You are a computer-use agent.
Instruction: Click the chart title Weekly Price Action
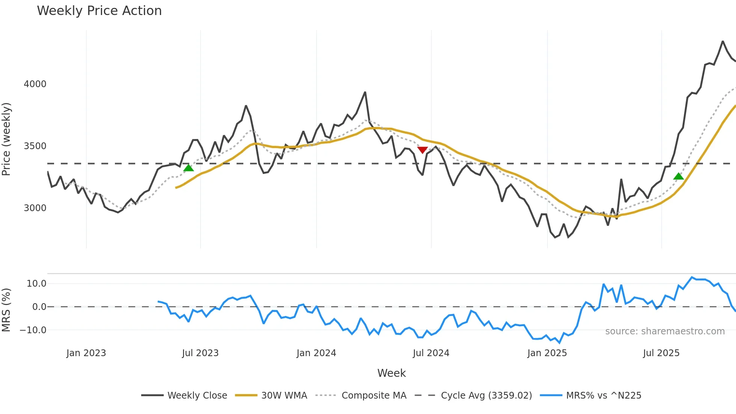coord(99,11)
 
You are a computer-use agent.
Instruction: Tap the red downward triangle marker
coord(422,150)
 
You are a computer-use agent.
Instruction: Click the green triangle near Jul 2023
coord(189,168)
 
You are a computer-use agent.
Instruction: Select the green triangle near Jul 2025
coord(679,176)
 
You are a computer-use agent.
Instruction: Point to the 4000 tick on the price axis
coord(35,84)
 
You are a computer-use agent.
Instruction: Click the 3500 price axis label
coord(35,146)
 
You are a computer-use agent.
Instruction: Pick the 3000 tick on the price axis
coord(35,208)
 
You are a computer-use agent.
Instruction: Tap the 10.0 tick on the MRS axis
coord(36,284)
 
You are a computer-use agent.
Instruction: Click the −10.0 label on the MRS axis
coord(33,330)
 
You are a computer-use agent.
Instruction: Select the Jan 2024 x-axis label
coord(316,353)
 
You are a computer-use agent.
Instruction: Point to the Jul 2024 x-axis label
coord(431,353)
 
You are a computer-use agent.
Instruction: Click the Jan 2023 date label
coord(86,353)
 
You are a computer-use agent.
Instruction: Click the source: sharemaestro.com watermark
coord(665,331)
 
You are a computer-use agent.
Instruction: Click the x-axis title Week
coord(391,373)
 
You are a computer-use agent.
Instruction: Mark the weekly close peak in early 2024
coord(365,92)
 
